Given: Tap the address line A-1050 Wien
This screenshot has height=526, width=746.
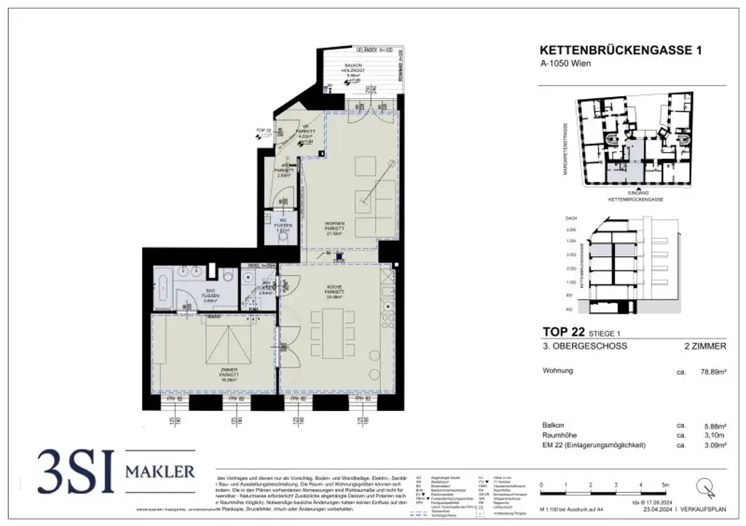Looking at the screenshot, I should [566, 63].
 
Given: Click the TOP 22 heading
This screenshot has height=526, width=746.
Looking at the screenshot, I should [559, 331].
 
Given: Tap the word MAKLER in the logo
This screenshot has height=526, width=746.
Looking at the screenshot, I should [160, 471].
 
